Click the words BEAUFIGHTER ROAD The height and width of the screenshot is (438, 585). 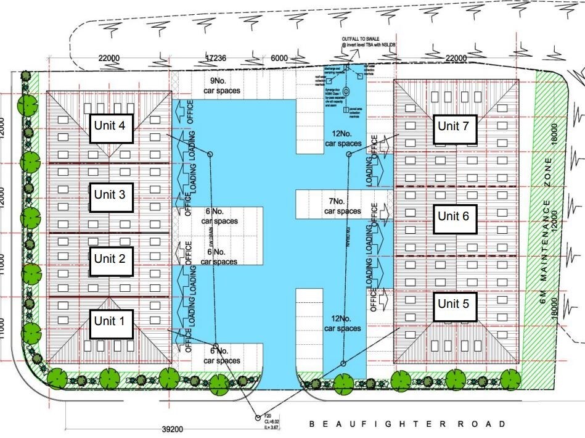(x=407, y=424)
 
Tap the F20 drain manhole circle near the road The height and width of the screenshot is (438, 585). (x=258, y=417)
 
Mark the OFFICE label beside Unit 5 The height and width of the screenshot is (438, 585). (x=374, y=299)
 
